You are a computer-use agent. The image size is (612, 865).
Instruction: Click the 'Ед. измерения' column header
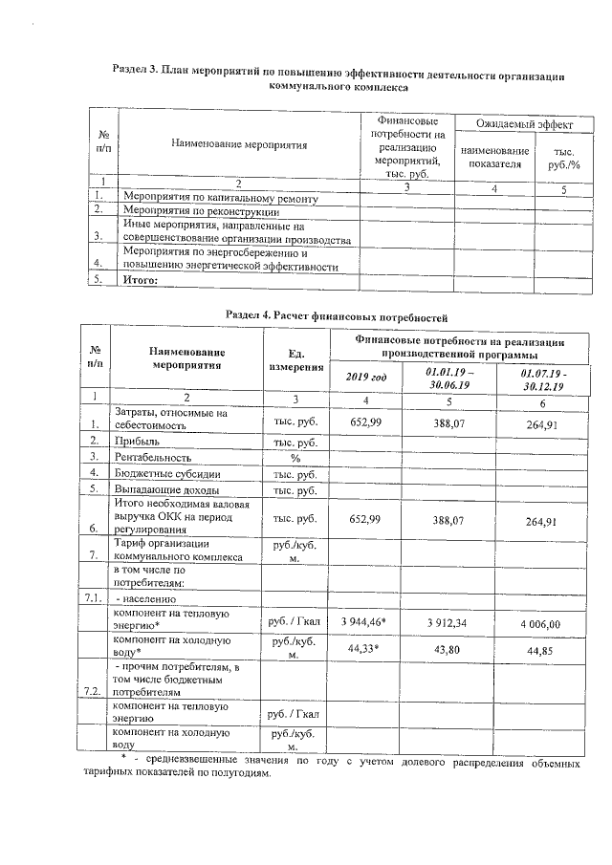[295, 360]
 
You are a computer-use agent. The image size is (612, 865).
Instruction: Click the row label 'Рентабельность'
[153, 458]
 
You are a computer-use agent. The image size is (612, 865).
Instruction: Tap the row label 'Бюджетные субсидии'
[162, 474]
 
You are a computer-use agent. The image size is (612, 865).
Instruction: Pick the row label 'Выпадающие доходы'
[162, 490]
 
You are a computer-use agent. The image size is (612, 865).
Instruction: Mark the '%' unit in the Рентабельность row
[295, 459]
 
